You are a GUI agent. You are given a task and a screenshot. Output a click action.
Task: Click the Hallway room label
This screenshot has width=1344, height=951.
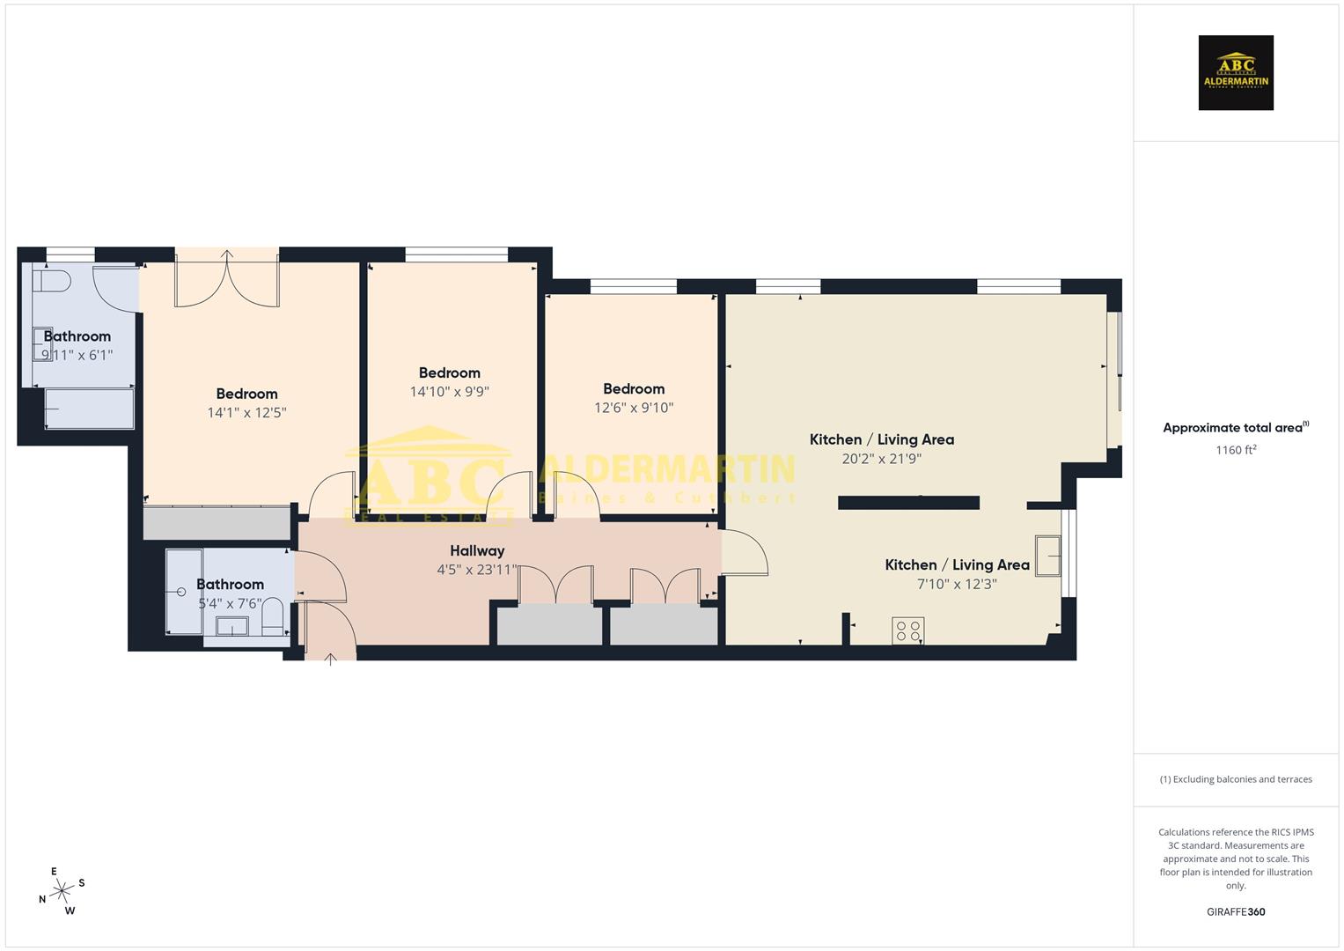tap(477, 551)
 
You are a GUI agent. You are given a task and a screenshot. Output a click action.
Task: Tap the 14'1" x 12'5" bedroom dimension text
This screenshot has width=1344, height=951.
tap(246, 413)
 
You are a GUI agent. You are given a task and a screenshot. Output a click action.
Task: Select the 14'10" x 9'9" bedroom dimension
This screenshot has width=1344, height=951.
tap(449, 392)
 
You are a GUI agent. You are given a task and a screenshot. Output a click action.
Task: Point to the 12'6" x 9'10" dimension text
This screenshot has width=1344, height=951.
tap(634, 408)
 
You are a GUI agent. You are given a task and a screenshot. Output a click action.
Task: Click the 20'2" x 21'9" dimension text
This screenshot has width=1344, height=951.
tap(881, 459)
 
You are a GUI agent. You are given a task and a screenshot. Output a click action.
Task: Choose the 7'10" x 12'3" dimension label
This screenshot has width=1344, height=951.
tap(957, 584)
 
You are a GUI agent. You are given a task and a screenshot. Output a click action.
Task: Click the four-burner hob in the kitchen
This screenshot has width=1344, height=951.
tap(908, 630)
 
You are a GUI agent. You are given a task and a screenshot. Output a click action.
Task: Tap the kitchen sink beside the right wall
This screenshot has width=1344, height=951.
tap(1047, 556)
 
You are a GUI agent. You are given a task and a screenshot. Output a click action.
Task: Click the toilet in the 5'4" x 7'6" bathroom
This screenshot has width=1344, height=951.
tap(273, 618)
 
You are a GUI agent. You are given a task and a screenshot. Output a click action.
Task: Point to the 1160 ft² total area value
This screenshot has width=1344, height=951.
tap(1236, 450)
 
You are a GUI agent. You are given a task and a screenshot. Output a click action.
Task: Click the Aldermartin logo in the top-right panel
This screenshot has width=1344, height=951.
tap(1236, 73)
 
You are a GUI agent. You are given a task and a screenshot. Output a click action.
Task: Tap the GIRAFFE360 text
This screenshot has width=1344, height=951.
tap(1236, 912)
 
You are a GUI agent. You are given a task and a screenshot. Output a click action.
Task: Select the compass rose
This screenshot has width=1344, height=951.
tap(62, 891)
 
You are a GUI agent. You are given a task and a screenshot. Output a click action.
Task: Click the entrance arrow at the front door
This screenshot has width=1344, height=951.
tap(331, 659)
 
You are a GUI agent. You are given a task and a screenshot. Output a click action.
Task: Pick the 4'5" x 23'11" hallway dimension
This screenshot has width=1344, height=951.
tap(477, 570)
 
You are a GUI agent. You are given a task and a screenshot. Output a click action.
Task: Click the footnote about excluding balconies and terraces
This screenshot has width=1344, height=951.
tap(1236, 779)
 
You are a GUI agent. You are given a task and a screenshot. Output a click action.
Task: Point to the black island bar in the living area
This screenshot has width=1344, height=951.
tap(908, 503)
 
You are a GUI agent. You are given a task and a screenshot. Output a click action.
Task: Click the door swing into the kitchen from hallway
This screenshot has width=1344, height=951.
tap(746, 555)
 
